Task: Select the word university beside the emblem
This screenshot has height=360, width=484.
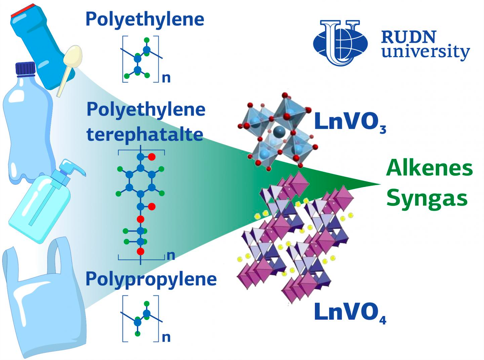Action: [x=426, y=52]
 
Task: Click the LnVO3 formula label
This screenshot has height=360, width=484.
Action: [x=350, y=123]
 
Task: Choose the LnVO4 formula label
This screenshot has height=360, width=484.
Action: [x=350, y=312]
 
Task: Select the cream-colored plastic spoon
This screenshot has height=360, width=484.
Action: [x=70, y=70]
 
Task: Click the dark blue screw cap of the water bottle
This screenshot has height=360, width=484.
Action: [x=25, y=69]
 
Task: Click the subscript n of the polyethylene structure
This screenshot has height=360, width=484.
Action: [x=166, y=78]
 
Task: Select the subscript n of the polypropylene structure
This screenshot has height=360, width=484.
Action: [x=166, y=337]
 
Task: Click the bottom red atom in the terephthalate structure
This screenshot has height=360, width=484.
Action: [x=141, y=252]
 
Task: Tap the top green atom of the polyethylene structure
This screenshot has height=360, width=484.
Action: [x=147, y=40]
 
